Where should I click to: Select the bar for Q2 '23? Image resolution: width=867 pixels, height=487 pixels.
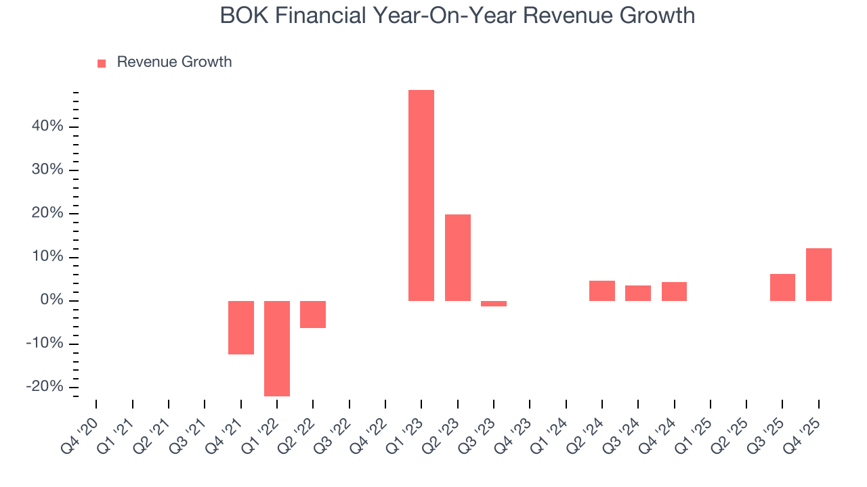(458, 257)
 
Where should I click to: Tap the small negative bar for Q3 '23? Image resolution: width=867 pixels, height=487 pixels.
(494, 304)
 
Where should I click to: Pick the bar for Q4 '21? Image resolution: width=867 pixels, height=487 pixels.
(241, 327)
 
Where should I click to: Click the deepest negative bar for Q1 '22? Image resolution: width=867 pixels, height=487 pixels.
(277, 348)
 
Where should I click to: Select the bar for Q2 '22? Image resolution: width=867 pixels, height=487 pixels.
(313, 315)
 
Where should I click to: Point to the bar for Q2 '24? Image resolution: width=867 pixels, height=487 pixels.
(602, 291)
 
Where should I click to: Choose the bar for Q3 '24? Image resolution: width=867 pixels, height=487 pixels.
(638, 293)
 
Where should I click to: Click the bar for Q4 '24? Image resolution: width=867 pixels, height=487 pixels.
(674, 292)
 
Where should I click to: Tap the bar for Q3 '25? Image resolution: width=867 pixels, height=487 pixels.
(782, 287)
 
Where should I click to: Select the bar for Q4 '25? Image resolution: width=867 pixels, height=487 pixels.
(819, 275)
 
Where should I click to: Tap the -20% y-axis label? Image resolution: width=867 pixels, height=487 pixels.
(45, 387)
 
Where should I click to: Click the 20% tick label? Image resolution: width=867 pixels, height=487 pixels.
(47, 213)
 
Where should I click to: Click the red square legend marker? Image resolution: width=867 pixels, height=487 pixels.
(102, 63)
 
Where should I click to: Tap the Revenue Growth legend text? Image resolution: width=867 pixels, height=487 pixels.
(174, 62)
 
